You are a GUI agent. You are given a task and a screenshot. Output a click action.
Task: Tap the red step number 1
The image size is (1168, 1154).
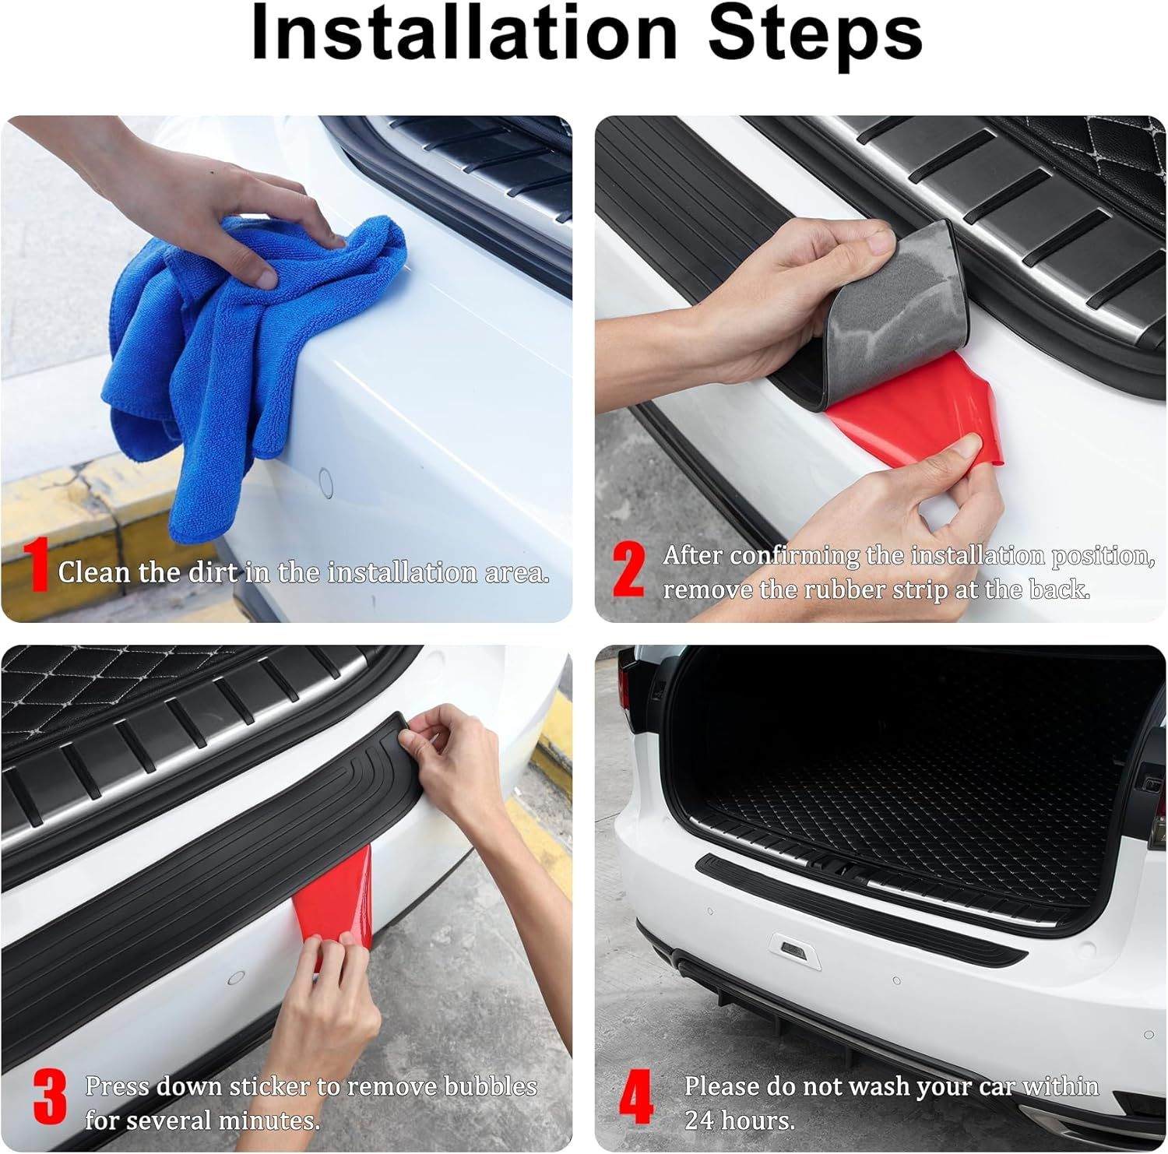coord(36,565)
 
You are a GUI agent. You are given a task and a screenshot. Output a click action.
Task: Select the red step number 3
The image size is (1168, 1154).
coord(50,1098)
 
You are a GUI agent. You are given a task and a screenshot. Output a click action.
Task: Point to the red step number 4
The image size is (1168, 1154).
coord(635,1098)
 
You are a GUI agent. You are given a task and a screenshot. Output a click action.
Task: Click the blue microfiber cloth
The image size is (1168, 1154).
coord(226,366)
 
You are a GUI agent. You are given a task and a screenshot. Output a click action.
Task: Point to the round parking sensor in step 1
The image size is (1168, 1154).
coord(326,484)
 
